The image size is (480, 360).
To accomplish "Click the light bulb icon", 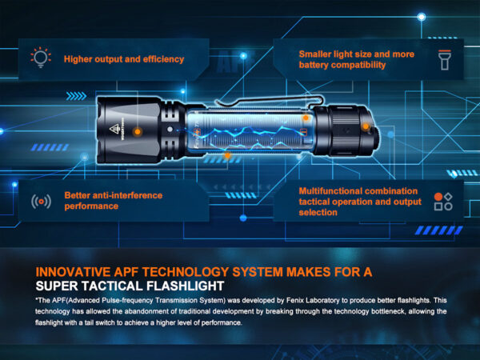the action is (x=41, y=58).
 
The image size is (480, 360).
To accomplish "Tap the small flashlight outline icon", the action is (x=445, y=60).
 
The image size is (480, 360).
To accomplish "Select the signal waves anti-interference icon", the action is (x=41, y=202).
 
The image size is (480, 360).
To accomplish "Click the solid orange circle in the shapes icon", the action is (x=438, y=197).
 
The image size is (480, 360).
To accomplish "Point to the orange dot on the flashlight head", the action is (x=138, y=132).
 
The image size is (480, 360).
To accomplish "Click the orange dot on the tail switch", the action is (x=366, y=126).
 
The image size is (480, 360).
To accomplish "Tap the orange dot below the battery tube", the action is (x=227, y=155).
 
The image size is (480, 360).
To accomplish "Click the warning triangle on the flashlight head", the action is (x=114, y=129).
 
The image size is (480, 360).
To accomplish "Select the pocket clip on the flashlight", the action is (x=270, y=101).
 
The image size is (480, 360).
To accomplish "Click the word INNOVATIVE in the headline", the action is (x=73, y=272).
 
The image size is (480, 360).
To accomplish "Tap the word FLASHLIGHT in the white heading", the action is (x=186, y=286).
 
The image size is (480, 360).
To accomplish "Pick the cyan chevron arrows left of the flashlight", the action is (x=76, y=96).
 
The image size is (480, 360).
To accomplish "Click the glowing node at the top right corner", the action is (x=422, y=17).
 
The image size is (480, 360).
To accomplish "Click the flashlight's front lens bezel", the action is (x=101, y=130).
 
